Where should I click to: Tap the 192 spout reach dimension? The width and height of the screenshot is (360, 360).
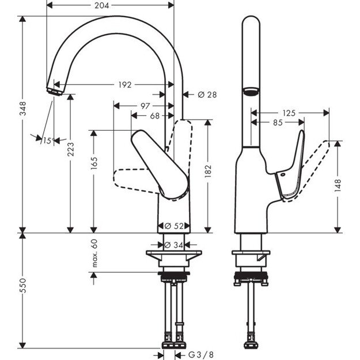point(124,85)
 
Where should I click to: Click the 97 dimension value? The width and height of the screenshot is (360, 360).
point(145,106)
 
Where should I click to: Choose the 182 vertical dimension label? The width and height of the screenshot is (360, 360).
point(208,171)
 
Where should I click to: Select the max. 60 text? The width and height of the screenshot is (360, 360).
point(94,253)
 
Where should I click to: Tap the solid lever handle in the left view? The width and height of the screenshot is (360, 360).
point(161,165)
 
